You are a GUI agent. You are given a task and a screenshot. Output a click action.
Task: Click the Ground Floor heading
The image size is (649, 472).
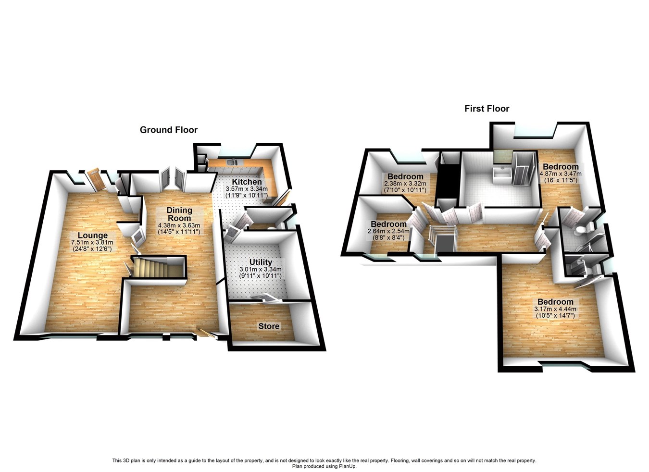168,130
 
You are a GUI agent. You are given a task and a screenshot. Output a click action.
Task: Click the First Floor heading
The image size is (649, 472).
487,109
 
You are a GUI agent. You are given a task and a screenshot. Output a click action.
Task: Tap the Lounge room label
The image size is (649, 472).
93,236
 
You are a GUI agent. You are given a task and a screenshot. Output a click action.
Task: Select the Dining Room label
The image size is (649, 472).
179,214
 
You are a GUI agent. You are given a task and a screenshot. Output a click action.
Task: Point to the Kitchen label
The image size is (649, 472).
247,182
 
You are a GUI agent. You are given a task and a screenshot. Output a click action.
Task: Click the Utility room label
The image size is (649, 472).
261,262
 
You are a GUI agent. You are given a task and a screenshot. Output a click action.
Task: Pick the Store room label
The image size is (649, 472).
269,326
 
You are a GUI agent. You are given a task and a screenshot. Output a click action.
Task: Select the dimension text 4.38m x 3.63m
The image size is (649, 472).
179,225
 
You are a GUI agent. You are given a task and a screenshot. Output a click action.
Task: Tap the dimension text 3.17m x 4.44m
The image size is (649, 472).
555,309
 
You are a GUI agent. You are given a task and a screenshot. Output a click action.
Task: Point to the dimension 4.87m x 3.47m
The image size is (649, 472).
561,174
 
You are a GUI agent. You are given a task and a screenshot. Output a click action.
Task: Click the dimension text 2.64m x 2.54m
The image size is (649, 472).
388,231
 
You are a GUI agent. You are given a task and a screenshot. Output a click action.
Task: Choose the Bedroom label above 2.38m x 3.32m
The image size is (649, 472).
405,176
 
